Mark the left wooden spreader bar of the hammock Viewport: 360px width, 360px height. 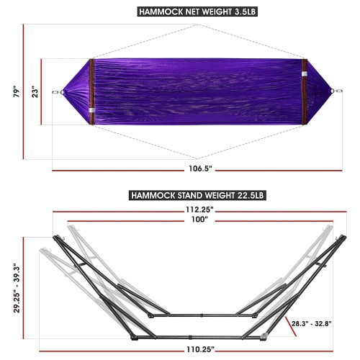tap(91, 91)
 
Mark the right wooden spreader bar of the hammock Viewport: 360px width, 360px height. tap(304, 91)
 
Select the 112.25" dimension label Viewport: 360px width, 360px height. tap(198, 208)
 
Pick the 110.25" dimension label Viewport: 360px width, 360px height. tap(197, 348)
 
